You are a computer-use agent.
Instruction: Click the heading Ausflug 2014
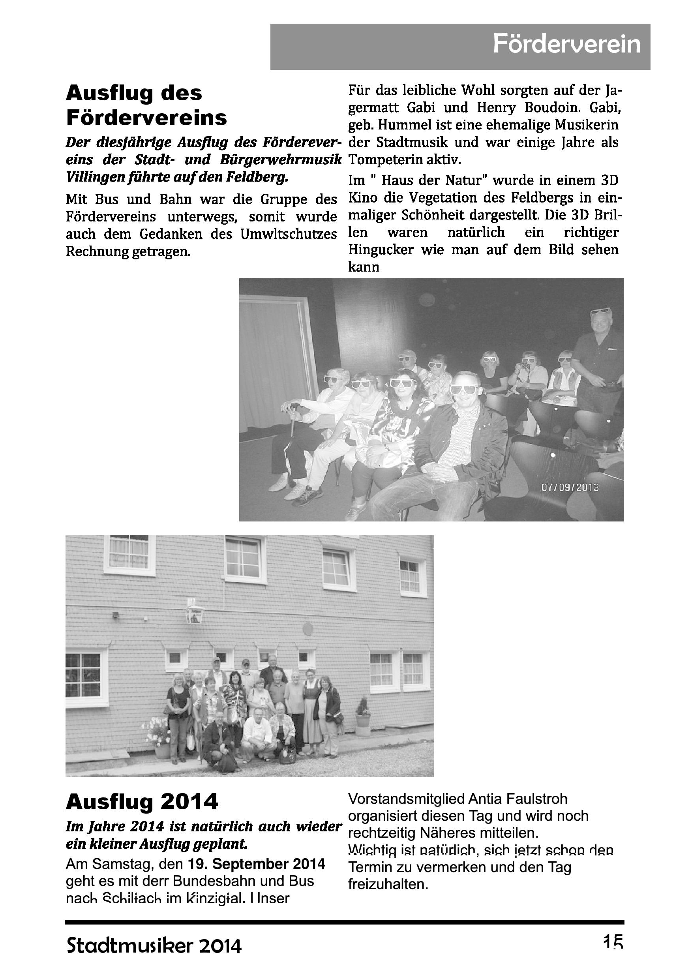[x=142, y=802]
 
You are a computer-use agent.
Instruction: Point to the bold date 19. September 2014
[x=256, y=864]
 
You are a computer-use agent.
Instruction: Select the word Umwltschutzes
[x=289, y=234]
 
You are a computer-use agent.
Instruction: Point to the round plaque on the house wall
[x=307, y=629]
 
